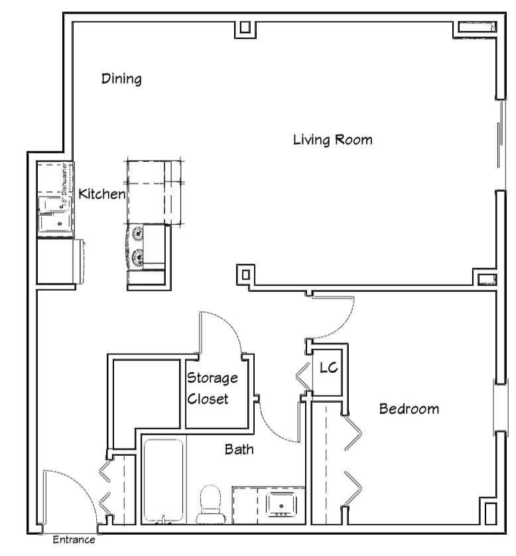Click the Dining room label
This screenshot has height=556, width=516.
click(121, 79)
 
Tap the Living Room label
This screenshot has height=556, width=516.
click(332, 140)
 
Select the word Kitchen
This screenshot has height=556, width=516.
click(101, 194)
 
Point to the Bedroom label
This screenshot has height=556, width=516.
click(409, 409)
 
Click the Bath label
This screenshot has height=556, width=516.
click(239, 450)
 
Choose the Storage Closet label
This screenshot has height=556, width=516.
click(212, 389)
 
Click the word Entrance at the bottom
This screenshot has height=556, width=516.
click(74, 540)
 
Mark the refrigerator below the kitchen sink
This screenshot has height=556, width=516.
click(58, 262)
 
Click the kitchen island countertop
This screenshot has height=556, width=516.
click(153, 192)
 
